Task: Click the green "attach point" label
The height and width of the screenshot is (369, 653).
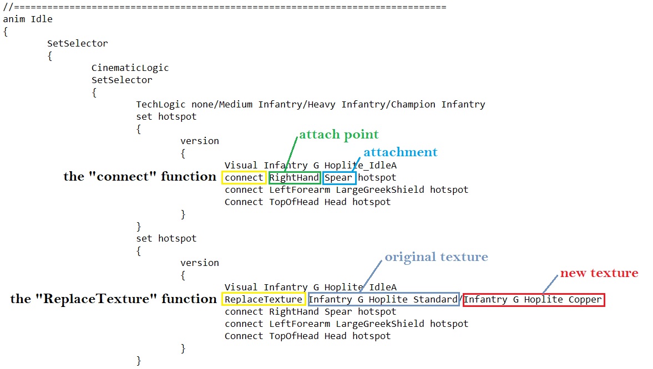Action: [338, 135]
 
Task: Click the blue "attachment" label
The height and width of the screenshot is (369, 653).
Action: [400, 152]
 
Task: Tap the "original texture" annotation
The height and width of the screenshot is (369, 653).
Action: [436, 257]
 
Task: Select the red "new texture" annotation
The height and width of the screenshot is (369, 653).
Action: [599, 273]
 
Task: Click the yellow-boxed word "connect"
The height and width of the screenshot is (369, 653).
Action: [244, 178]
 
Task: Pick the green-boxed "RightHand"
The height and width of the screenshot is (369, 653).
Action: [294, 178]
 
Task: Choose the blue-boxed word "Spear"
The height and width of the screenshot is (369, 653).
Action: [338, 178]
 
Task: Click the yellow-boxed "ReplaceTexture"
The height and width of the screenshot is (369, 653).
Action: [264, 300]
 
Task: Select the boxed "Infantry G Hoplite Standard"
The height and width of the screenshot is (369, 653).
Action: [383, 300]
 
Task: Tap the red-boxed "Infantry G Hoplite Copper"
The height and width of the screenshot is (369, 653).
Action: [533, 300]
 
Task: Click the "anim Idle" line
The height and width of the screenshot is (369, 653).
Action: [28, 19]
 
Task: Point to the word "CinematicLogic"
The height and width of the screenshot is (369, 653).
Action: [130, 68]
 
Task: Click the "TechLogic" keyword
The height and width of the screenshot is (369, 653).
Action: [161, 104]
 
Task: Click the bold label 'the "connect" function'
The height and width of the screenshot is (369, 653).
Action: [140, 176]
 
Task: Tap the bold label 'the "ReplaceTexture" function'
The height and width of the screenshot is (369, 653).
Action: [113, 299]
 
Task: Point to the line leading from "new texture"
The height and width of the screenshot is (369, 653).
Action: [550, 284]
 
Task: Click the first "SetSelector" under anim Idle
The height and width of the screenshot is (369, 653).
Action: [78, 43]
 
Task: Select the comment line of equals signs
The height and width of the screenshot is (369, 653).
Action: [225, 7]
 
